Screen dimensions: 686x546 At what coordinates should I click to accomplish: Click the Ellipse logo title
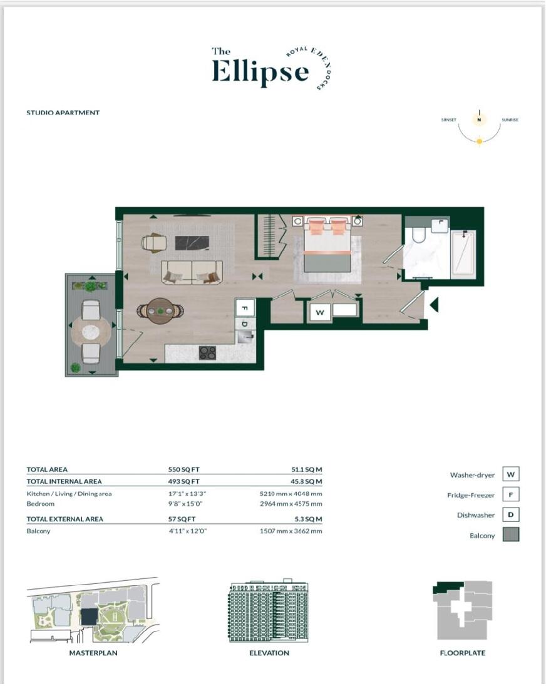(x=260, y=70)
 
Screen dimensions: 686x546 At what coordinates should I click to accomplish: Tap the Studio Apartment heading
(x=63, y=113)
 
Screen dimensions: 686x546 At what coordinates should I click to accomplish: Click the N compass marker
(x=479, y=120)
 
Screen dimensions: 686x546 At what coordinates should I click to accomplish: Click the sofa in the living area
(x=192, y=272)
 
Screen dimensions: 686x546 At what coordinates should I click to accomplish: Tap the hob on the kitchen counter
(x=207, y=353)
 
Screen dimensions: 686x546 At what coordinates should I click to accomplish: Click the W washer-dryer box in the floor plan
(x=320, y=312)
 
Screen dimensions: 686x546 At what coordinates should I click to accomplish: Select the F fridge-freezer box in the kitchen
(x=245, y=308)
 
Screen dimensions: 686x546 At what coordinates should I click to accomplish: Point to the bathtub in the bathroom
(x=463, y=254)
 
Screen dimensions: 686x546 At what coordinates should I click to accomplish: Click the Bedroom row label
(x=41, y=504)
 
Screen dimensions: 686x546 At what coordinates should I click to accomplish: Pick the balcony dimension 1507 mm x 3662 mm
(x=291, y=531)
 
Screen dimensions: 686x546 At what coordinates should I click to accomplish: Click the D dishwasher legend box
(x=510, y=515)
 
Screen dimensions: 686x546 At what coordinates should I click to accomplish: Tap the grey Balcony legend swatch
(x=510, y=535)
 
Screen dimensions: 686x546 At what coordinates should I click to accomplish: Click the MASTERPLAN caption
(x=93, y=653)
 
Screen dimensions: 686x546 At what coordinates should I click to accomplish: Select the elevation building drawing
(x=269, y=612)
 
